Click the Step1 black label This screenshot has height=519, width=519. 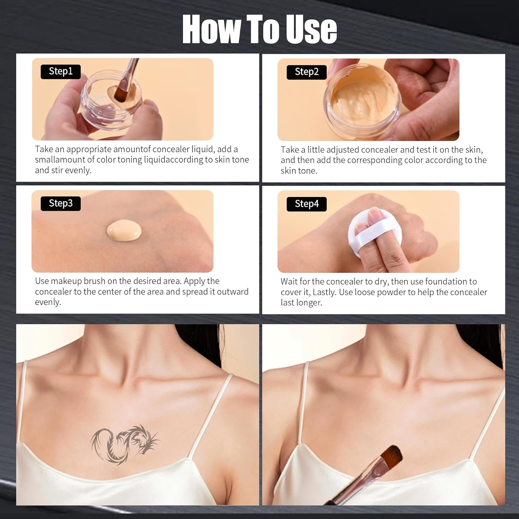[x=61, y=72]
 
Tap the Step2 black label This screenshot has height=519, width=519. [x=307, y=72]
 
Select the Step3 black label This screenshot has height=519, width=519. [x=61, y=203]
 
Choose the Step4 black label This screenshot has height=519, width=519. [x=307, y=204]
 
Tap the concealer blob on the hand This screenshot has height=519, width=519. [x=124, y=230]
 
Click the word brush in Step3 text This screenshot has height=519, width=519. [x=94, y=281]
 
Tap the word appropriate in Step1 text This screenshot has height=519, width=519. [x=89, y=149]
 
